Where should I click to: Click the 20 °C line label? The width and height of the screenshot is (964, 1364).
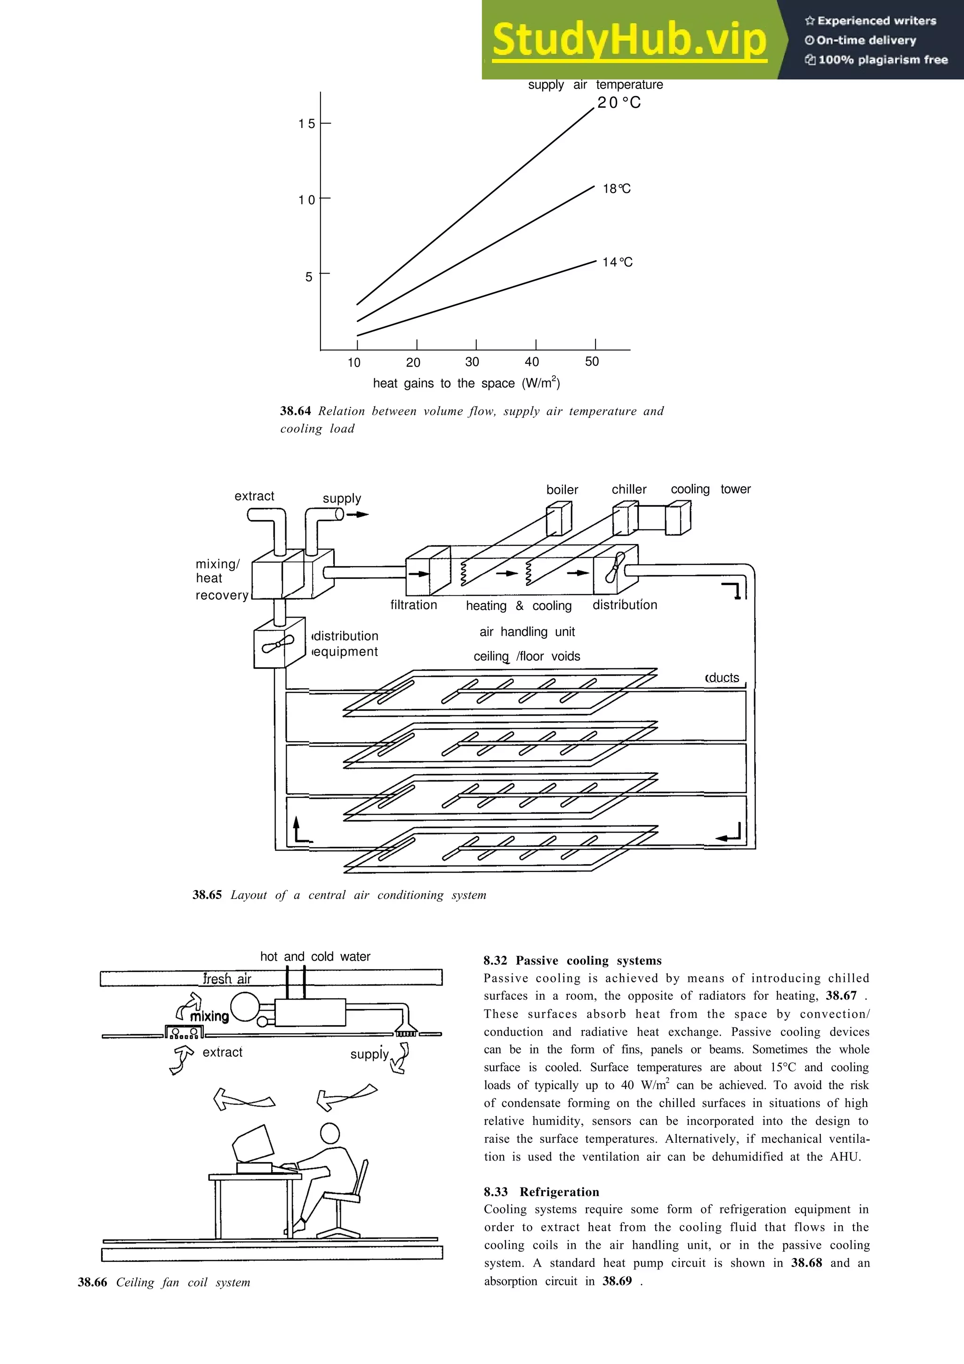pos(619,103)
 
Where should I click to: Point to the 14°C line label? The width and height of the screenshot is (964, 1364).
pos(617,262)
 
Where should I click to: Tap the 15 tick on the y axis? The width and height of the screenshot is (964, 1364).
pos(306,124)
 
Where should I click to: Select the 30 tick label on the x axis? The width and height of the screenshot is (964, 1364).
pos(472,362)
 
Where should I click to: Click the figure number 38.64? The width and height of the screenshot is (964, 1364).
pos(295,411)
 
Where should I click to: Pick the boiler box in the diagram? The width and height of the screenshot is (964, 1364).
pos(558,518)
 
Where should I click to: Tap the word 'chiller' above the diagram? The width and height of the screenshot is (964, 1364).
pos(629,489)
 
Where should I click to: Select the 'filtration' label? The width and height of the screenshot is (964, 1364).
pos(413,605)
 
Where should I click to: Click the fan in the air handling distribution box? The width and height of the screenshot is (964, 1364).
pos(615,568)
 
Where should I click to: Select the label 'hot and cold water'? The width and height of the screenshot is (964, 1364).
pos(315,956)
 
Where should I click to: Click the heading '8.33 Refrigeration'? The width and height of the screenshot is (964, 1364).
pos(541,1192)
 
